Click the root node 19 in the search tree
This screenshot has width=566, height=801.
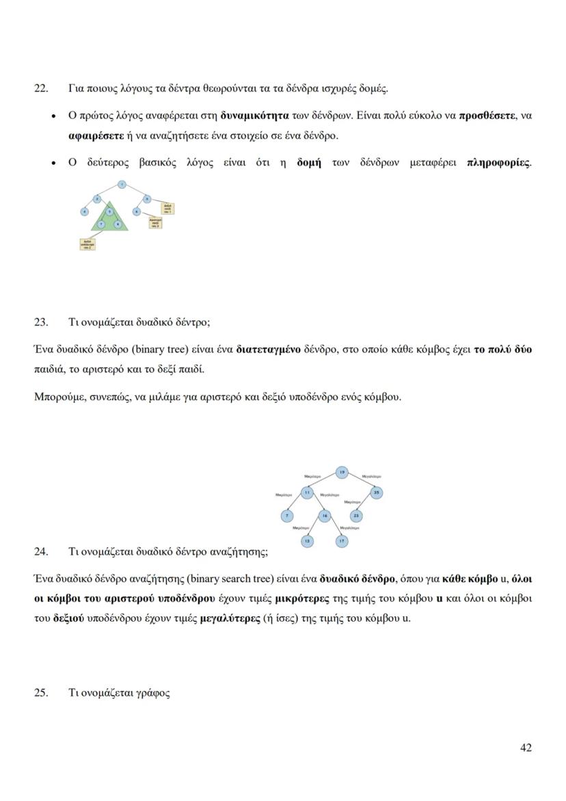[342, 471]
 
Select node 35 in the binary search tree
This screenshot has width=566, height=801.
[377, 492]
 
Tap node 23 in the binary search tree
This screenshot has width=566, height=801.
[356, 515]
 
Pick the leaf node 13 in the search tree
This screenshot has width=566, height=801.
[308, 541]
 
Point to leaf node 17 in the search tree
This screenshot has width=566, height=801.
[342, 541]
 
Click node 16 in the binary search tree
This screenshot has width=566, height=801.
[325, 515]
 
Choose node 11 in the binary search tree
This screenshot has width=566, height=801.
[308, 492]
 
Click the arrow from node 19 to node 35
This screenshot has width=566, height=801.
[360, 482]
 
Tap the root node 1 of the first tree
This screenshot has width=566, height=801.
[121, 185]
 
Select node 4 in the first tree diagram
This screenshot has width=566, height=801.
[85, 212]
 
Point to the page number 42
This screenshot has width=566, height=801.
[526, 748]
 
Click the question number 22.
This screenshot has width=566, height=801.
[41, 88]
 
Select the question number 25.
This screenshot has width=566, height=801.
[41, 692]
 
